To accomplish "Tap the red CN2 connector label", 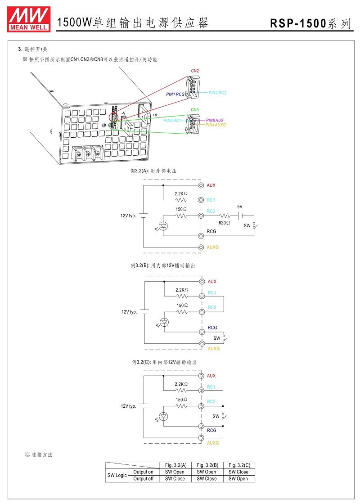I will point(195,71).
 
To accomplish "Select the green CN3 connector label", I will point(194,110).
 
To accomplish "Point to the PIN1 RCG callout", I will point(175,94).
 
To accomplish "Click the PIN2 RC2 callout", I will point(217,93).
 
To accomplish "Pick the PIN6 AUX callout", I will point(215,120).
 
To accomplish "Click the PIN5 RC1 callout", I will point(172,121).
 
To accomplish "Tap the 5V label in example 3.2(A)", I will point(240,207).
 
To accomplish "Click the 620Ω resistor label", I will point(224,222).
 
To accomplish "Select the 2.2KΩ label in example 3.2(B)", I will point(182,290).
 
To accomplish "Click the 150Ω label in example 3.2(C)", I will point(181,400).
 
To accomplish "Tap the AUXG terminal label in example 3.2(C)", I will point(213,443).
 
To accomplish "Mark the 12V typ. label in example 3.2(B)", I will point(129,312).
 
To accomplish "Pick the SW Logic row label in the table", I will point(117,475).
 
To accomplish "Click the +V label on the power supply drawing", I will point(154,115).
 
